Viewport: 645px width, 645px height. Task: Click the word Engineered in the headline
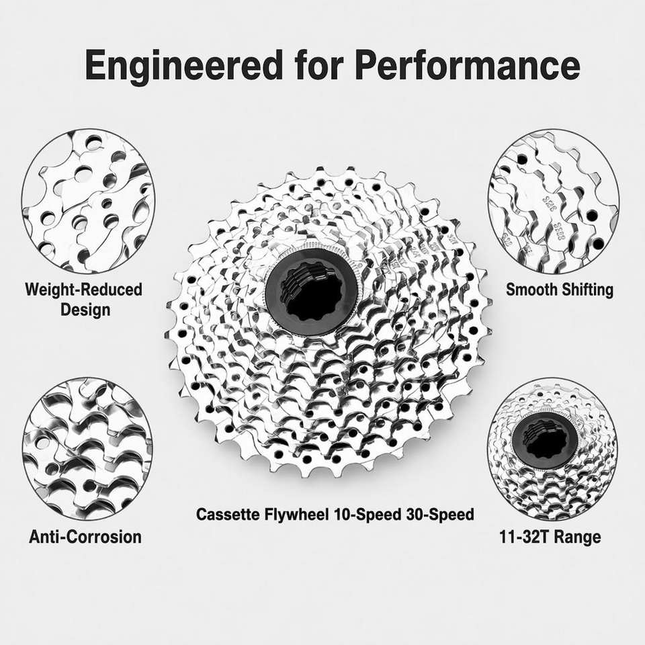(184, 65)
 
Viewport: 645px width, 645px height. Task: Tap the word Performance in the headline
(468, 65)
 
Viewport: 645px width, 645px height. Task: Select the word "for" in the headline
(318, 64)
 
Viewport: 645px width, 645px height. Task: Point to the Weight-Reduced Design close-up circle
(88, 202)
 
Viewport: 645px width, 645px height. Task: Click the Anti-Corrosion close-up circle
(87, 448)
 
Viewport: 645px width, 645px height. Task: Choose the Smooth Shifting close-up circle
(554, 202)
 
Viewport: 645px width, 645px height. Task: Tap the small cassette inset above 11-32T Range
(553, 448)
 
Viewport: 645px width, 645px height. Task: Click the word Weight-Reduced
(83, 290)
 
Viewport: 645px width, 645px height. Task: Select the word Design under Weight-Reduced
(85, 309)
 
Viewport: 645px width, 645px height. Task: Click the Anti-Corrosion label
(85, 537)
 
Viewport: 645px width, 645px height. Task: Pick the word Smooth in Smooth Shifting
(531, 290)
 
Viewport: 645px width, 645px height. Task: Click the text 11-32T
(525, 537)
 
